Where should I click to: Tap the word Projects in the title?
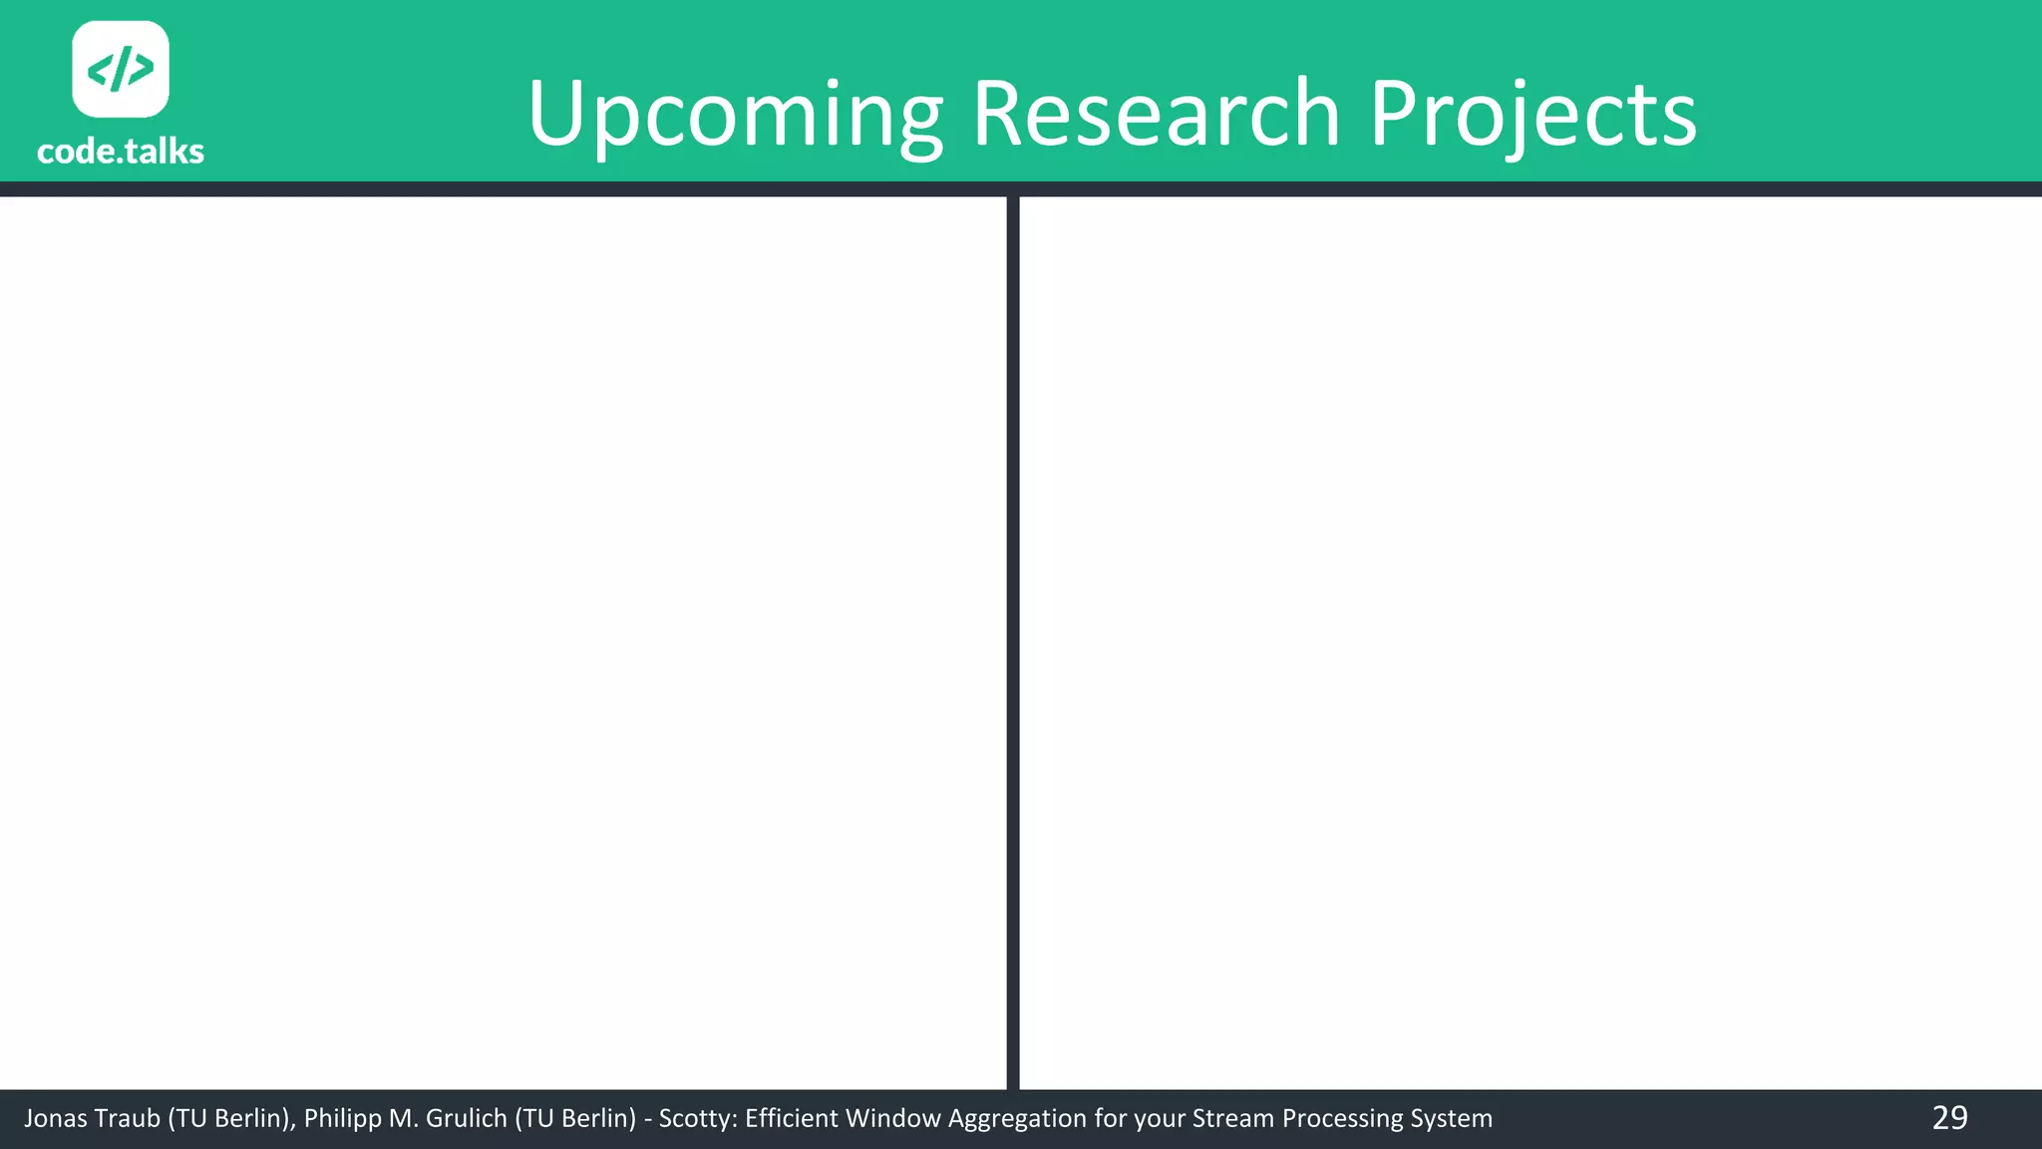(1532, 115)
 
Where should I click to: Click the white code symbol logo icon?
(121, 69)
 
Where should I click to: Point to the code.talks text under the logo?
(121, 152)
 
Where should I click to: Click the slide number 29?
(1949, 1118)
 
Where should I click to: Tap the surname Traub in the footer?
(127, 1119)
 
